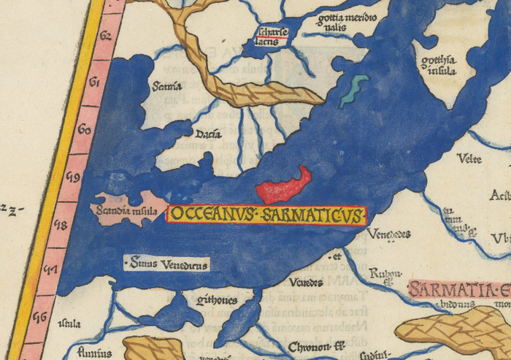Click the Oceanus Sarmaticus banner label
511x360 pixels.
pyautogui.click(x=266, y=215)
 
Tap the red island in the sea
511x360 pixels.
pyautogui.click(x=283, y=185)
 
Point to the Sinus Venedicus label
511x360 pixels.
pyautogui.click(x=167, y=264)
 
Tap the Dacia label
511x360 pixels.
pyautogui.click(x=208, y=134)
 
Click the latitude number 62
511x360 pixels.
pyautogui.click(x=105, y=34)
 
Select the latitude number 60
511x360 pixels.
pyautogui.click(x=84, y=130)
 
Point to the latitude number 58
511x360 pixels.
pyautogui.click(x=62, y=224)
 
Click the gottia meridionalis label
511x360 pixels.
pyautogui.click(x=347, y=23)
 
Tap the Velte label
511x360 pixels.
pyautogui.click(x=469, y=158)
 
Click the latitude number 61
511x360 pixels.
pyautogui.click(x=94, y=83)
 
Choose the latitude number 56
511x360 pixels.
pyautogui.click(x=41, y=317)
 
